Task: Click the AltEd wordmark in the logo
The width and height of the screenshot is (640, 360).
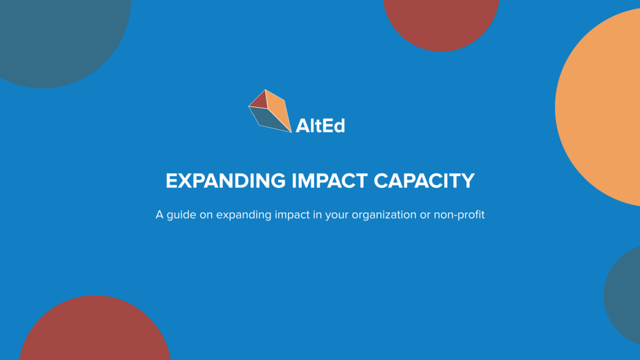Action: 320,126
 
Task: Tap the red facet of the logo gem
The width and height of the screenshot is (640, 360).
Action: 259,101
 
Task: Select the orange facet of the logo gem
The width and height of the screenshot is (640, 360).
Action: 278,108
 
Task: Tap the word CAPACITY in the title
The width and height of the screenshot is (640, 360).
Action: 424,181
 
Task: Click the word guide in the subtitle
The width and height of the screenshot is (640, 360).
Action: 181,215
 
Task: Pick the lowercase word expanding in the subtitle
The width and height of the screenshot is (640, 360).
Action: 243,215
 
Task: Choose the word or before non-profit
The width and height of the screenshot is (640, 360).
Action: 425,215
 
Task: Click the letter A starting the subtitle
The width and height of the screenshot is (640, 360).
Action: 160,215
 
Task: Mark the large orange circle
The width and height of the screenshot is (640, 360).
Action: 602,108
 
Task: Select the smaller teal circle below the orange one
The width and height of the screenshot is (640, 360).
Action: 624,294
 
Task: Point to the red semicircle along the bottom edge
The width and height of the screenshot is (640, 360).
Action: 95,331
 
